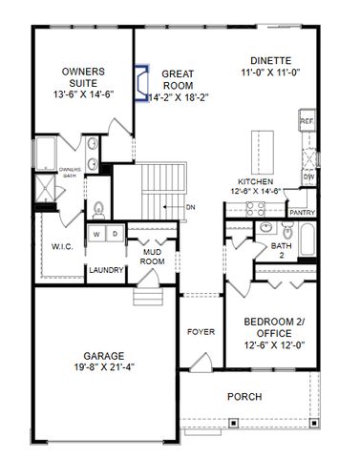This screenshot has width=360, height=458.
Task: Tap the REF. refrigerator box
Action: click(x=307, y=123)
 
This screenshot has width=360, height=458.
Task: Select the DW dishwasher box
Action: click(x=307, y=177)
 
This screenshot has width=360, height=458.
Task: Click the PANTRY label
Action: click(x=302, y=213)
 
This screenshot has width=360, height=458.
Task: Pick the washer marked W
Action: click(x=96, y=234)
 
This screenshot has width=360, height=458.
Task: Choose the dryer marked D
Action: click(x=114, y=234)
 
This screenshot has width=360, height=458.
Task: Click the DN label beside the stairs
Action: click(x=190, y=206)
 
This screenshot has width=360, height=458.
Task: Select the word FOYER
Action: click(x=201, y=332)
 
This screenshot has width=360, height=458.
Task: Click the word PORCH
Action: click(x=244, y=395)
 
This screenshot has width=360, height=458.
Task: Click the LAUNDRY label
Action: click(x=106, y=270)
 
